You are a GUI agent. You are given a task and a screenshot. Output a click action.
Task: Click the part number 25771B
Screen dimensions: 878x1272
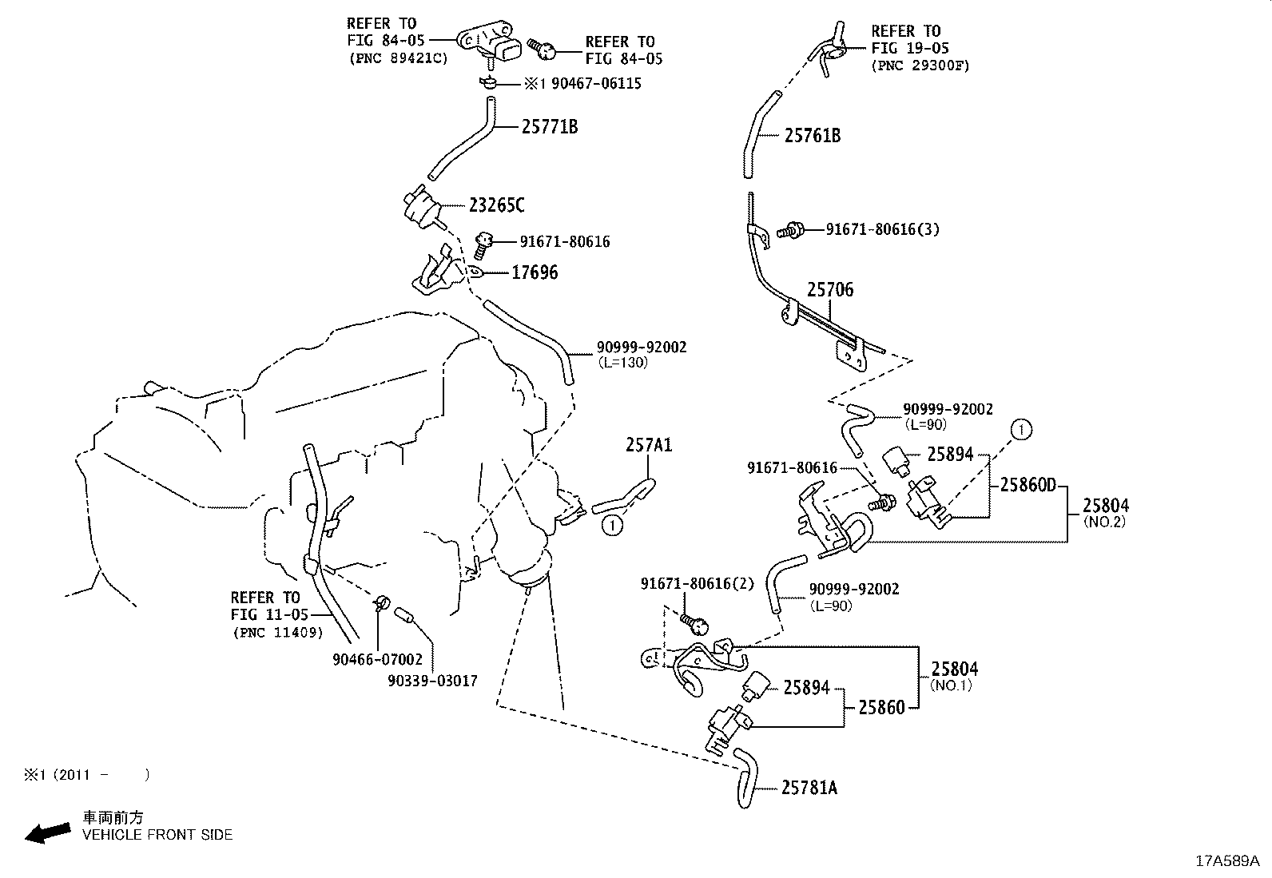tap(550, 126)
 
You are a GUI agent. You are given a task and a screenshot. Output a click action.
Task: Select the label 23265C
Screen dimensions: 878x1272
tap(497, 205)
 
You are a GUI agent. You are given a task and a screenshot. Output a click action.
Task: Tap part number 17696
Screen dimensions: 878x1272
tap(535, 272)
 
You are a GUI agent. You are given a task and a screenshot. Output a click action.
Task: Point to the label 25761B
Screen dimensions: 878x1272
tap(812, 135)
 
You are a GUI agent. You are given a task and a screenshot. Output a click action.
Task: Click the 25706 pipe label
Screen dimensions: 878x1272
tap(829, 290)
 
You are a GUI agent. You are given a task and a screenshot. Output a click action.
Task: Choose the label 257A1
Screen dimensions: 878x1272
tap(648, 445)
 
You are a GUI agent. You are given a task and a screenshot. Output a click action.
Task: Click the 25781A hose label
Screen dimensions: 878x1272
tap(809, 788)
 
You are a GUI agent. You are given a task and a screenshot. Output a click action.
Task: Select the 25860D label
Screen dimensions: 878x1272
tap(1028, 485)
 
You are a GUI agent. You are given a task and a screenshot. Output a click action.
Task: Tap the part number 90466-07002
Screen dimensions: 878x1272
tap(378, 660)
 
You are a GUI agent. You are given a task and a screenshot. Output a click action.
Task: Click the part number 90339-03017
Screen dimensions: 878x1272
tap(432, 681)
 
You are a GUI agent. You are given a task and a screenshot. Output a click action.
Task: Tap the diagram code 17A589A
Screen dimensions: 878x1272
tap(1226, 860)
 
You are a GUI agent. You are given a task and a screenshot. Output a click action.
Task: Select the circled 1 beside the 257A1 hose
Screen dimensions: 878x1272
tap(612, 525)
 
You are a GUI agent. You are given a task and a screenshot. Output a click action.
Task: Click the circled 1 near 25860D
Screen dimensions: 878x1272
tap(1021, 430)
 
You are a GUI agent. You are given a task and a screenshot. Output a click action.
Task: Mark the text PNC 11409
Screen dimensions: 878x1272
tap(279, 633)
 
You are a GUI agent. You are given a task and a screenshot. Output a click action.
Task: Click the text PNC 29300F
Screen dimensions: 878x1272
tap(920, 66)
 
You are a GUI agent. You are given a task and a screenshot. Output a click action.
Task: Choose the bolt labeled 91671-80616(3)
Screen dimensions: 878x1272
tap(794, 230)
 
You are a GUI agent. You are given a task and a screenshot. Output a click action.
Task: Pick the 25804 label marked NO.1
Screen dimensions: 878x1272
tap(954, 669)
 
